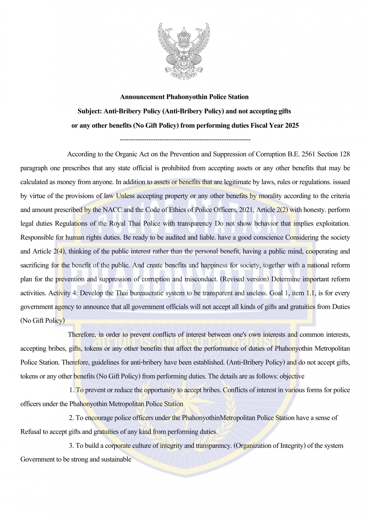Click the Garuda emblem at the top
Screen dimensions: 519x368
pos(184,52)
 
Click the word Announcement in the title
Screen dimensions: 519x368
pos(142,97)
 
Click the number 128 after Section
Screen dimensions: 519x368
pos(345,154)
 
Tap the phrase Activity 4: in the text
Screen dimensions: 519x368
pos(63,293)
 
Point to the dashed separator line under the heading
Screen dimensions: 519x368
pos(185,140)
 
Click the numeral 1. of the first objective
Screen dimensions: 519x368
pos(71,390)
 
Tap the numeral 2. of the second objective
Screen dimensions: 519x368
pos(71,418)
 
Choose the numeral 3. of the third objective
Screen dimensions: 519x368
pos(71,446)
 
